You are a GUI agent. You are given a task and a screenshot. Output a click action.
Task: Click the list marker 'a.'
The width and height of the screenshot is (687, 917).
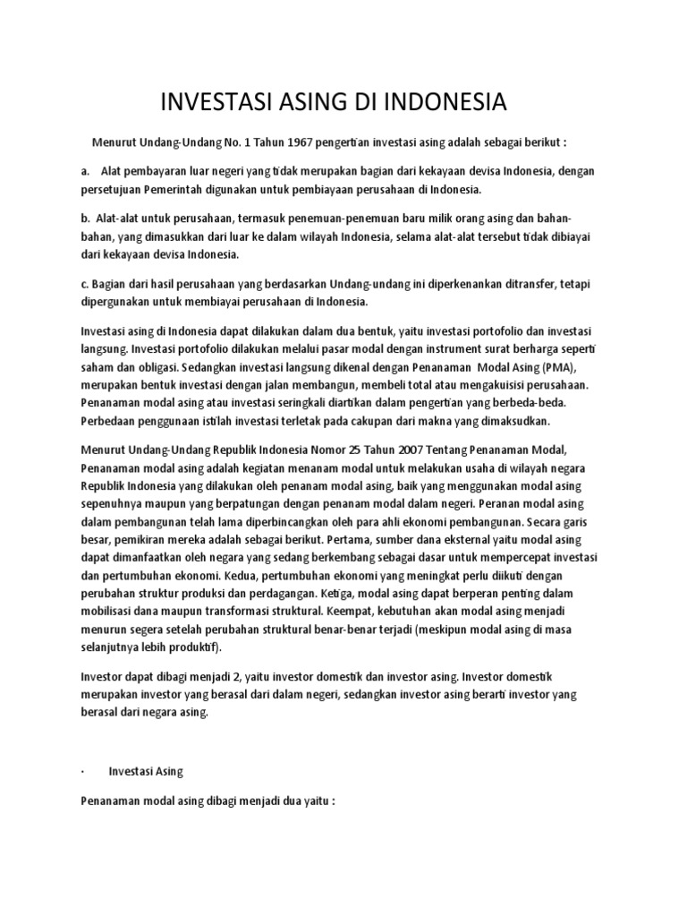[x=84, y=170]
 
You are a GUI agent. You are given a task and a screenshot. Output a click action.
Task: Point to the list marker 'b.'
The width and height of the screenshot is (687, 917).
[x=85, y=219]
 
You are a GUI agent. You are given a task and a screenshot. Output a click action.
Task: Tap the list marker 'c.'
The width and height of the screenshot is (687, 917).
[x=84, y=283]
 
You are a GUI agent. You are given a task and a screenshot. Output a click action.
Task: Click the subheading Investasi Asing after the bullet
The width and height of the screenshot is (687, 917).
[x=146, y=769]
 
